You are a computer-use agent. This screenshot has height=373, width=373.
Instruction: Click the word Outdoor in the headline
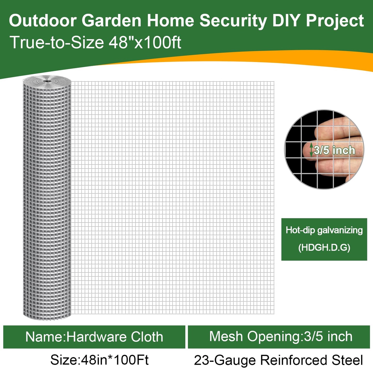tap(43, 21)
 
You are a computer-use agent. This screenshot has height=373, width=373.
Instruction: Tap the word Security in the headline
tap(233, 21)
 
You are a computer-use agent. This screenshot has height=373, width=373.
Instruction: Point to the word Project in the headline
tap(335, 21)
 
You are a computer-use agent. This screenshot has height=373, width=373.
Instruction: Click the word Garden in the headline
tap(112, 21)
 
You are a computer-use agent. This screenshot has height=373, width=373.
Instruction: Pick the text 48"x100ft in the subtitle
tap(145, 42)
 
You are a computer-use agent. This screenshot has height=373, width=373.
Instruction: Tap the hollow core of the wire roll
tap(47, 81)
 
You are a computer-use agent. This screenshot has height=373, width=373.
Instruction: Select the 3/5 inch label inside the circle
tap(334, 150)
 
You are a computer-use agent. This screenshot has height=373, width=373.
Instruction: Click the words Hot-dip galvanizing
tap(324, 230)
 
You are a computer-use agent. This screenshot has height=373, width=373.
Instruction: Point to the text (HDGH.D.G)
tap(324, 248)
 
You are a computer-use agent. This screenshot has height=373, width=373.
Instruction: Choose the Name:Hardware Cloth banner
tap(94, 337)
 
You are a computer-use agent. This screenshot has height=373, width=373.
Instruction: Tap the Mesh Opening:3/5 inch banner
tap(279, 337)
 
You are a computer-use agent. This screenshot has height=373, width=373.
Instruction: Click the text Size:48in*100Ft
tap(99, 360)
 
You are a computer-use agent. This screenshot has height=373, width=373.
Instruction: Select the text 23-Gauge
tap(225, 360)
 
